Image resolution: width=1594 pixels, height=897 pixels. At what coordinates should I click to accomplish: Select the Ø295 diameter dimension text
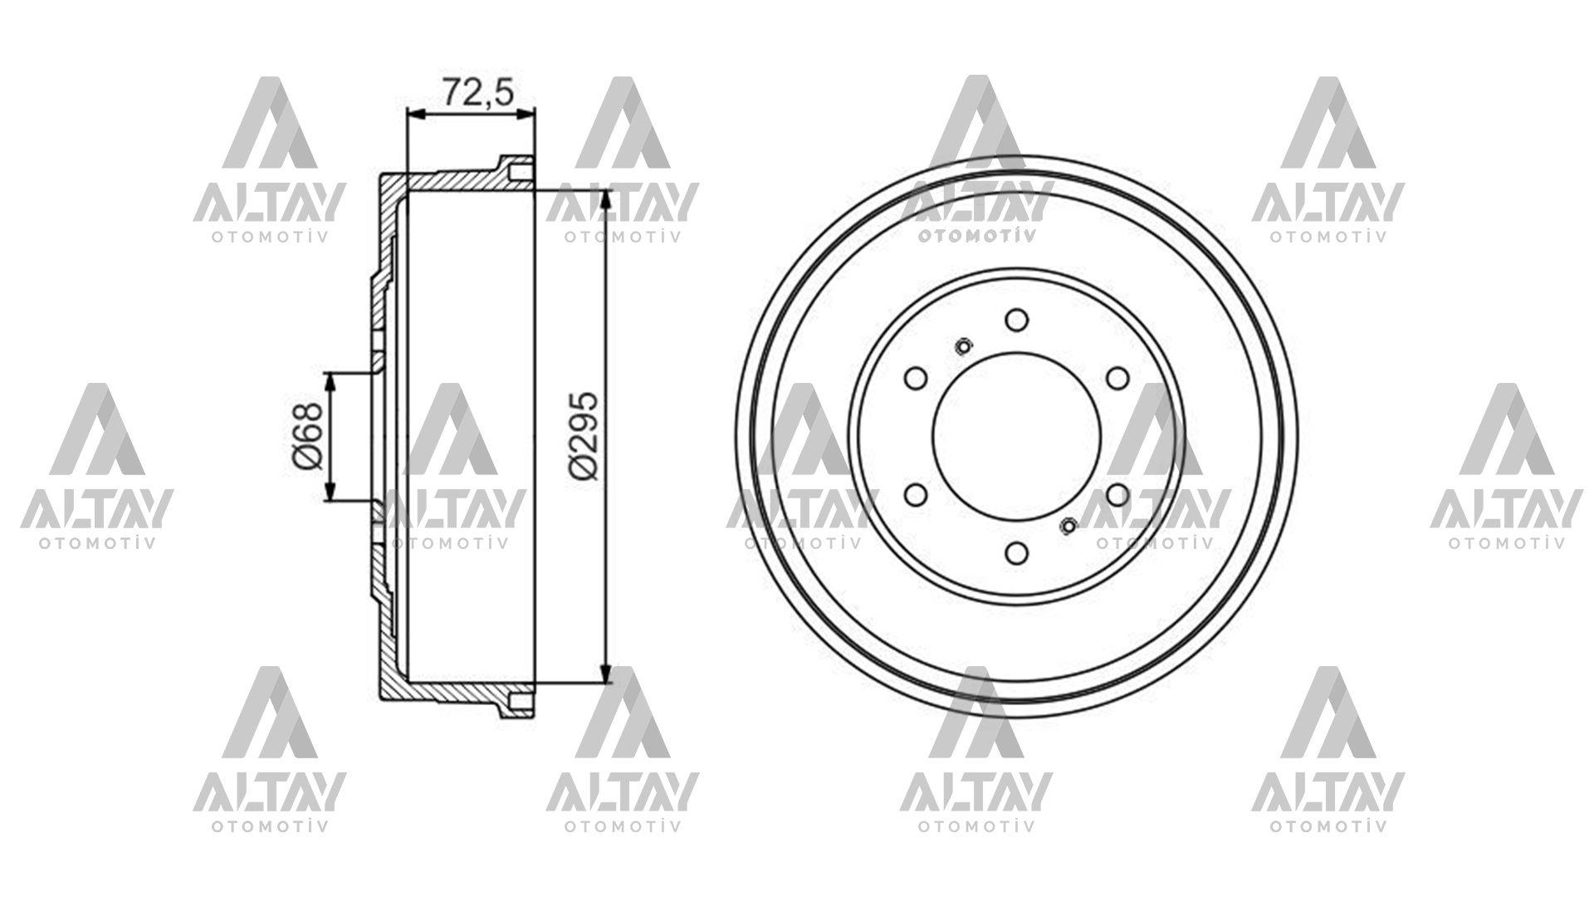pos(584,434)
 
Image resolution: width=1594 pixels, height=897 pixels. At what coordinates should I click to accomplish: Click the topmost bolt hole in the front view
pos(1015,320)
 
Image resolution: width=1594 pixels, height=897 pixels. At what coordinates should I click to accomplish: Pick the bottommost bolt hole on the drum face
pos(1015,552)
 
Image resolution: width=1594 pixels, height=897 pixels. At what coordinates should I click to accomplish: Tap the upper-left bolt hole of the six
pos(915,378)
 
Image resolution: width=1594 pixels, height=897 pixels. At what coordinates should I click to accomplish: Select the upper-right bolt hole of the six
pos(1117,378)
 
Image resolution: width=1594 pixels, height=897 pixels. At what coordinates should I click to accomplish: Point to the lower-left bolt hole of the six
pos(915,495)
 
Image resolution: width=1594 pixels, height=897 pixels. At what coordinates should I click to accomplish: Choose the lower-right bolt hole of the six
pos(1117,495)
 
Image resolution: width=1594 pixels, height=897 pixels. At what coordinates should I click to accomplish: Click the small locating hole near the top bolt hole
pos(963,346)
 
